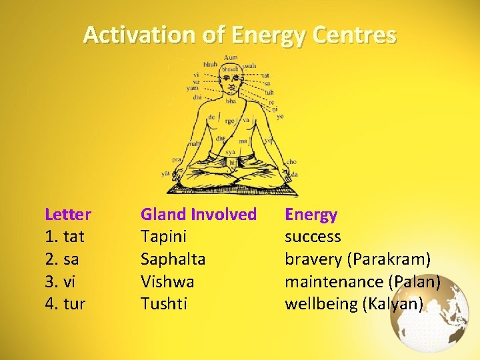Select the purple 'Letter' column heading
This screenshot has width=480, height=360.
pos(68,215)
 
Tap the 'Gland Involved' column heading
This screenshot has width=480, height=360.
pos(198,215)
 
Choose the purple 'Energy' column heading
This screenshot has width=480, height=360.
pos(311,215)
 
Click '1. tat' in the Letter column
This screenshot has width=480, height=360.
pos(64,237)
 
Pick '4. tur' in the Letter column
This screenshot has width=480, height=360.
pos(65,304)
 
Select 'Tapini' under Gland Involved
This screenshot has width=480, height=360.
pos(163,237)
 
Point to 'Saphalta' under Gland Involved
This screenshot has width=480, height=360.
pos(173,259)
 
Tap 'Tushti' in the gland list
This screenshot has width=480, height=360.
pos(163,304)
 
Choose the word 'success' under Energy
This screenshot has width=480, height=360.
pos(313,237)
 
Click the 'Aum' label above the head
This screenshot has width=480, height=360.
pos(231,57)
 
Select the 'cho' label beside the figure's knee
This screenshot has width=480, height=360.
pos(291,161)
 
